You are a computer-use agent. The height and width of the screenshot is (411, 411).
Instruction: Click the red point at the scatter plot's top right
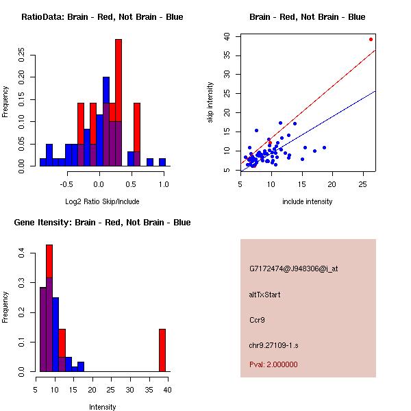tap(371, 39)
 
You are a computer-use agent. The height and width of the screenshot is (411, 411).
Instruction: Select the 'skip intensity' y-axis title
tap(210, 103)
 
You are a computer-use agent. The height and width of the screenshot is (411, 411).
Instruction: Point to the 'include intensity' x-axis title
tap(308, 201)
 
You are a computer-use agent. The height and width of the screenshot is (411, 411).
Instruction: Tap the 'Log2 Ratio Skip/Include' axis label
tap(102, 201)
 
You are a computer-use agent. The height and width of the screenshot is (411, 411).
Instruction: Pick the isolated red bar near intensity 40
tap(162, 349)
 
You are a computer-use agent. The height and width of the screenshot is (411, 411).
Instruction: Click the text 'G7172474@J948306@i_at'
tap(293, 269)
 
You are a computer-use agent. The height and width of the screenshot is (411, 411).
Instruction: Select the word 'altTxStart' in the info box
tap(265, 295)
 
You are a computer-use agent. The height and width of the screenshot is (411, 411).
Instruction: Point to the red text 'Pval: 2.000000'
tap(273, 364)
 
